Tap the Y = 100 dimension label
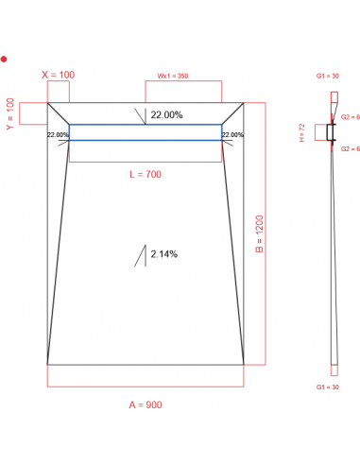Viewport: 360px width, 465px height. pos(10,113)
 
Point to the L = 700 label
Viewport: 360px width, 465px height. pos(146,175)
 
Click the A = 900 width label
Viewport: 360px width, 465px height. pos(146,405)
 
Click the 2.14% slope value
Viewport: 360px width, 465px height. pos(163,254)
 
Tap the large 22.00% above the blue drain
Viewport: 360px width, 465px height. pos(166,114)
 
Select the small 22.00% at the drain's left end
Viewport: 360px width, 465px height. pos(58,135)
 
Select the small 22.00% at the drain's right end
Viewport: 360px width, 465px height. pos(232,135)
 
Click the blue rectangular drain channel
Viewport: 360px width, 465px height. pos(145,133)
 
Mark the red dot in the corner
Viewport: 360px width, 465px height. pos(4,59)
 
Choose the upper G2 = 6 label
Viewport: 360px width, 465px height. pos(351,116)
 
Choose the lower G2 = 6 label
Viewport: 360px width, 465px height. pos(351,149)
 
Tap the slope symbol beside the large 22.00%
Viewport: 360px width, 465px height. pos(141,116)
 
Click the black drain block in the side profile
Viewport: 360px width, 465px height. pos(331,133)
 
